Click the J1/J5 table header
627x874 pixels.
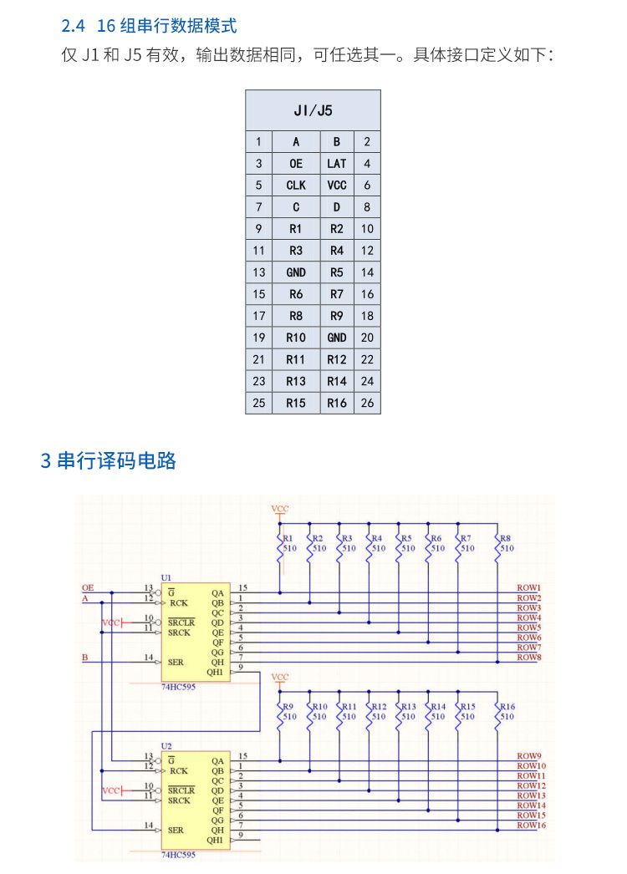point(313,109)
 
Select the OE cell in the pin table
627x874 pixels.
point(296,164)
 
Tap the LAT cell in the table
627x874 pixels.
point(337,164)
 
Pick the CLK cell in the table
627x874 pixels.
point(296,185)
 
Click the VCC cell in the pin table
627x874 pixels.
point(337,185)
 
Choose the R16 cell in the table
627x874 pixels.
point(337,403)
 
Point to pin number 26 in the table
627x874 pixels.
point(367,403)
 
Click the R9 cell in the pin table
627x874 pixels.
point(337,316)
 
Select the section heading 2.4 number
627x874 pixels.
point(74,26)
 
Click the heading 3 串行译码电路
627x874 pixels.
point(109,460)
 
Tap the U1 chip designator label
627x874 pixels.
point(166,577)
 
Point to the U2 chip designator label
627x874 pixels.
point(166,745)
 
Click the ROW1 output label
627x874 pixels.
point(528,588)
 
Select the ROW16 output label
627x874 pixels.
point(531,826)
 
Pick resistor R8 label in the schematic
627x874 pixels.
point(506,539)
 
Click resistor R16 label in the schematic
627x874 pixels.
point(507,707)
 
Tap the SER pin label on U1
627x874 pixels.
point(176,662)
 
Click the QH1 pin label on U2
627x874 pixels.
point(215,840)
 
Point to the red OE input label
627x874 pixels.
point(88,588)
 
